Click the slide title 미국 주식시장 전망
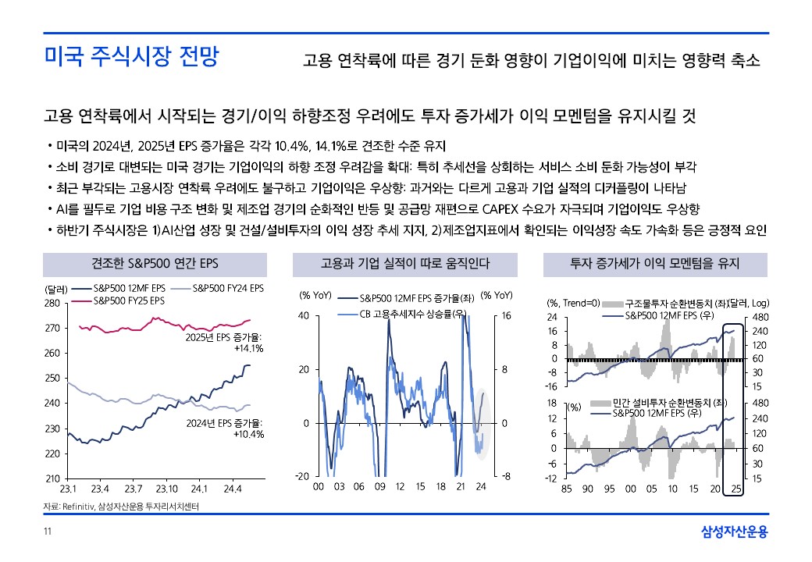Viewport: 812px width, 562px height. click(131, 57)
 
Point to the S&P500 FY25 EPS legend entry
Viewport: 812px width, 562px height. click(129, 300)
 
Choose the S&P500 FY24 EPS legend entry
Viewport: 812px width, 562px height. click(227, 288)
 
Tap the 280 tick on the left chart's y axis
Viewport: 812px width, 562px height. click(52, 303)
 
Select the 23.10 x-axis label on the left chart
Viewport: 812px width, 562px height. click(166, 489)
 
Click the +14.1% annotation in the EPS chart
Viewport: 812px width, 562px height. click(248, 349)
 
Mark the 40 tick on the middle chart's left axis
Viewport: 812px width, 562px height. click(304, 316)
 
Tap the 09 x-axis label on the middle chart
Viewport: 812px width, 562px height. click(379, 486)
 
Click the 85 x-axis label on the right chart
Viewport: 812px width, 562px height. click(568, 489)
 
